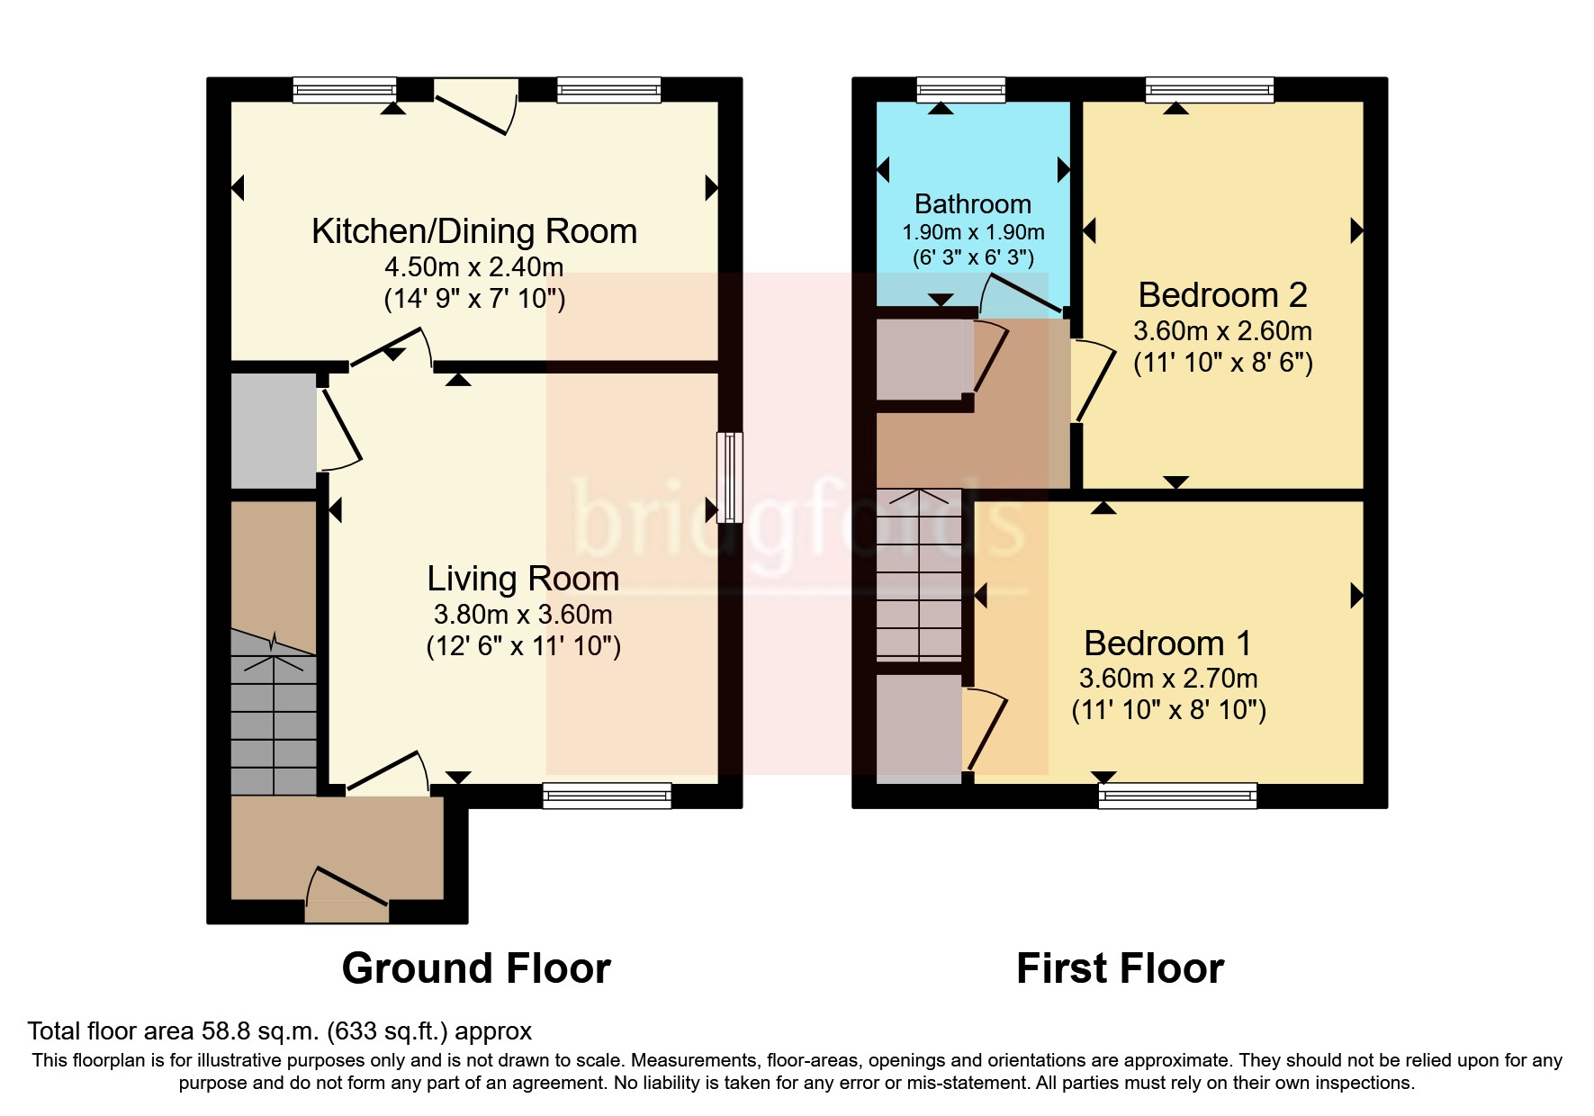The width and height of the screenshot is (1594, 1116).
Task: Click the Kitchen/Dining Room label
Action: pyautogui.click(x=474, y=231)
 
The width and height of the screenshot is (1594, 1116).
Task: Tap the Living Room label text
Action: pyautogui.click(x=523, y=579)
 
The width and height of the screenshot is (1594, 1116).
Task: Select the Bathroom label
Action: pyautogui.click(x=973, y=204)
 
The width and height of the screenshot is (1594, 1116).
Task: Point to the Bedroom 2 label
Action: pyautogui.click(x=1222, y=295)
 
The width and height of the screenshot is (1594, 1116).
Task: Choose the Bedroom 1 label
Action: pyautogui.click(x=1167, y=643)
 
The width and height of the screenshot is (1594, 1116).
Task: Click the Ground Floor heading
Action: pyautogui.click(x=476, y=968)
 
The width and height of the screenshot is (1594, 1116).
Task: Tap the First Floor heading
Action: pyautogui.click(x=1120, y=968)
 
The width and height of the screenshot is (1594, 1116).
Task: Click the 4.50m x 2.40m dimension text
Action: pyautogui.click(x=474, y=267)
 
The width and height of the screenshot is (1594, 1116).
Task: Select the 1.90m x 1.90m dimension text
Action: pyautogui.click(x=973, y=232)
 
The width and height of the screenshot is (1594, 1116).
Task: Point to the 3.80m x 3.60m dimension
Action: pyautogui.click(x=523, y=615)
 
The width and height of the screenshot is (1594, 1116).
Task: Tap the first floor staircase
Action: pyautogui.click(x=919, y=574)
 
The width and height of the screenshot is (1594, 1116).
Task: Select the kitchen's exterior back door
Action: pyautogui.click(x=475, y=107)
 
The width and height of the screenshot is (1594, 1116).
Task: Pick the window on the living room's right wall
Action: pyautogui.click(x=730, y=477)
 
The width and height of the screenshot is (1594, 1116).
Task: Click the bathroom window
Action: pyautogui.click(x=960, y=89)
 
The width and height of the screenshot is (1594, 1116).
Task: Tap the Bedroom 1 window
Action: pyautogui.click(x=1177, y=796)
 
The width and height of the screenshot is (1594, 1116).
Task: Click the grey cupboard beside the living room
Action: pyautogui.click(x=274, y=431)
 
